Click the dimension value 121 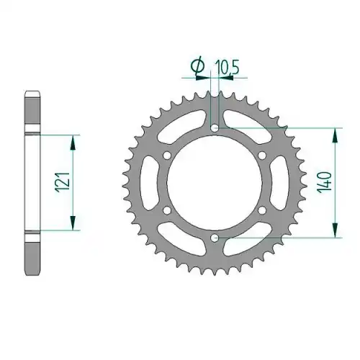pyautogui.click(x=63, y=182)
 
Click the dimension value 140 pyautogui.click(x=325, y=181)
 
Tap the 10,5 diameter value pyautogui.click(x=227, y=68)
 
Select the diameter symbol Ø pyautogui.click(x=198, y=67)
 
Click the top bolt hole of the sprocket pyautogui.click(x=215, y=127)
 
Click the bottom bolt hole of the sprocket pyautogui.click(x=215, y=238)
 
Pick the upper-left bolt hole pyautogui.click(x=167, y=156)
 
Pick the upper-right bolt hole pyautogui.click(x=262, y=156)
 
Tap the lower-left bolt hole pyautogui.click(x=167, y=210)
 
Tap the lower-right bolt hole pyautogui.click(x=262, y=210)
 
